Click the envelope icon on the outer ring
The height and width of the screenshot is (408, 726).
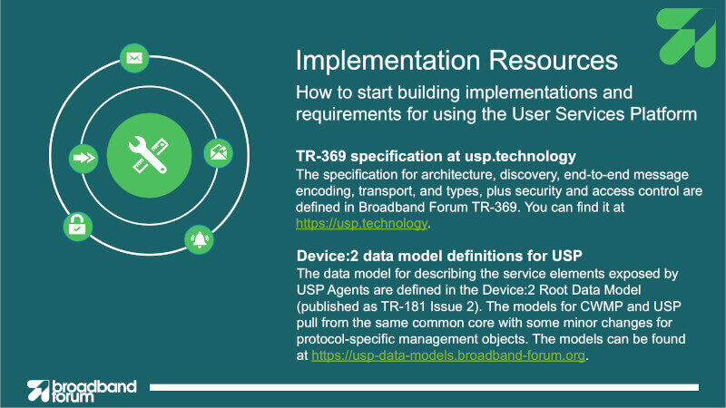click(134, 58)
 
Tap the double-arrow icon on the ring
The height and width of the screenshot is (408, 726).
click(83, 159)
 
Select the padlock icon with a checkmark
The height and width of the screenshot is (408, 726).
click(77, 227)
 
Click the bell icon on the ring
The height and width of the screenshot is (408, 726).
click(199, 239)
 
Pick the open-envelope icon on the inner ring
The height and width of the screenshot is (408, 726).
click(218, 153)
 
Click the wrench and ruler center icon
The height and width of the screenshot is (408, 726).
click(149, 155)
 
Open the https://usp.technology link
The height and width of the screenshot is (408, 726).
click(361, 223)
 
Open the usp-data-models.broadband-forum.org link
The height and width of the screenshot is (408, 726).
click(448, 355)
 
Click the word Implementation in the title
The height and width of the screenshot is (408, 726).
click(388, 61)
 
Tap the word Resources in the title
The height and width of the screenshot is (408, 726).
click(554, 61)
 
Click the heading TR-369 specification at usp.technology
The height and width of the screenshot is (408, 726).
click(436, 156)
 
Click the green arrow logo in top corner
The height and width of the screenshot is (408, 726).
click(686, 37)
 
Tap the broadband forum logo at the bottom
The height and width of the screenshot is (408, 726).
click(82, 391)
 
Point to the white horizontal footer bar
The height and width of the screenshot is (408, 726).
click(424, 387)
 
